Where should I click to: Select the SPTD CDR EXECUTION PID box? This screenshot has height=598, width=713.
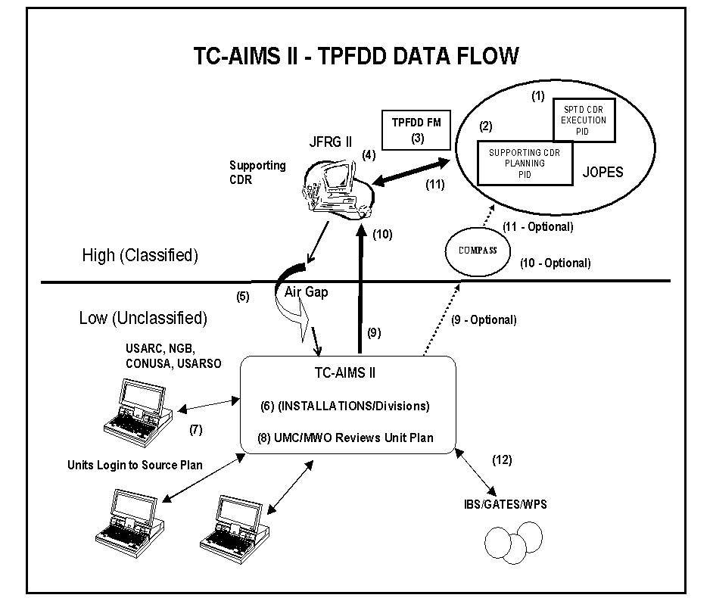click(584, 120)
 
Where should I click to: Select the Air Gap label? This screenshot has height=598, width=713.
click(306, 292)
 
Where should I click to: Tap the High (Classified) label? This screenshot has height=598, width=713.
click(140, 256)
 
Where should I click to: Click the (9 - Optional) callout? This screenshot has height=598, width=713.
click(484, 320)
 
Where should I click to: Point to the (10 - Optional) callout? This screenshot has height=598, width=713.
click(555, 263)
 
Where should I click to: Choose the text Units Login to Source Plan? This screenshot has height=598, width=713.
click(135, 465)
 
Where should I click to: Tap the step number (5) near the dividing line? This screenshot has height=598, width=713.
click(243, 297)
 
